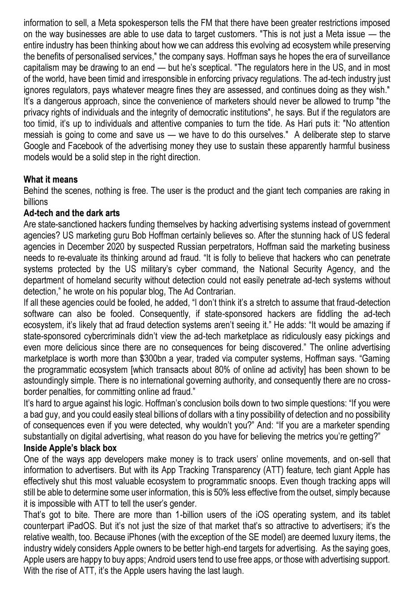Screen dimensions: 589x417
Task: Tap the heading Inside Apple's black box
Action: click(70, 448)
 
